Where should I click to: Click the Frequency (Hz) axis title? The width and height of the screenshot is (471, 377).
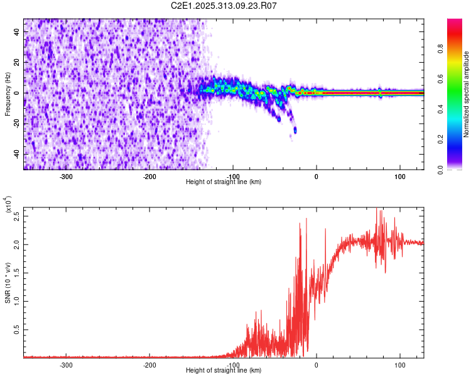[8, 94]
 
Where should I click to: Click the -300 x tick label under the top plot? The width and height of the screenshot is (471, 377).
[67, 177]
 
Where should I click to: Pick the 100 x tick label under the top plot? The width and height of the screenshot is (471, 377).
[399, 177]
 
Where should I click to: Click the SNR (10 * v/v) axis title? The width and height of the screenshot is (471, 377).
[8, 283]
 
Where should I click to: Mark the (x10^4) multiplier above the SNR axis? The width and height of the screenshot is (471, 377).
[9, 205]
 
